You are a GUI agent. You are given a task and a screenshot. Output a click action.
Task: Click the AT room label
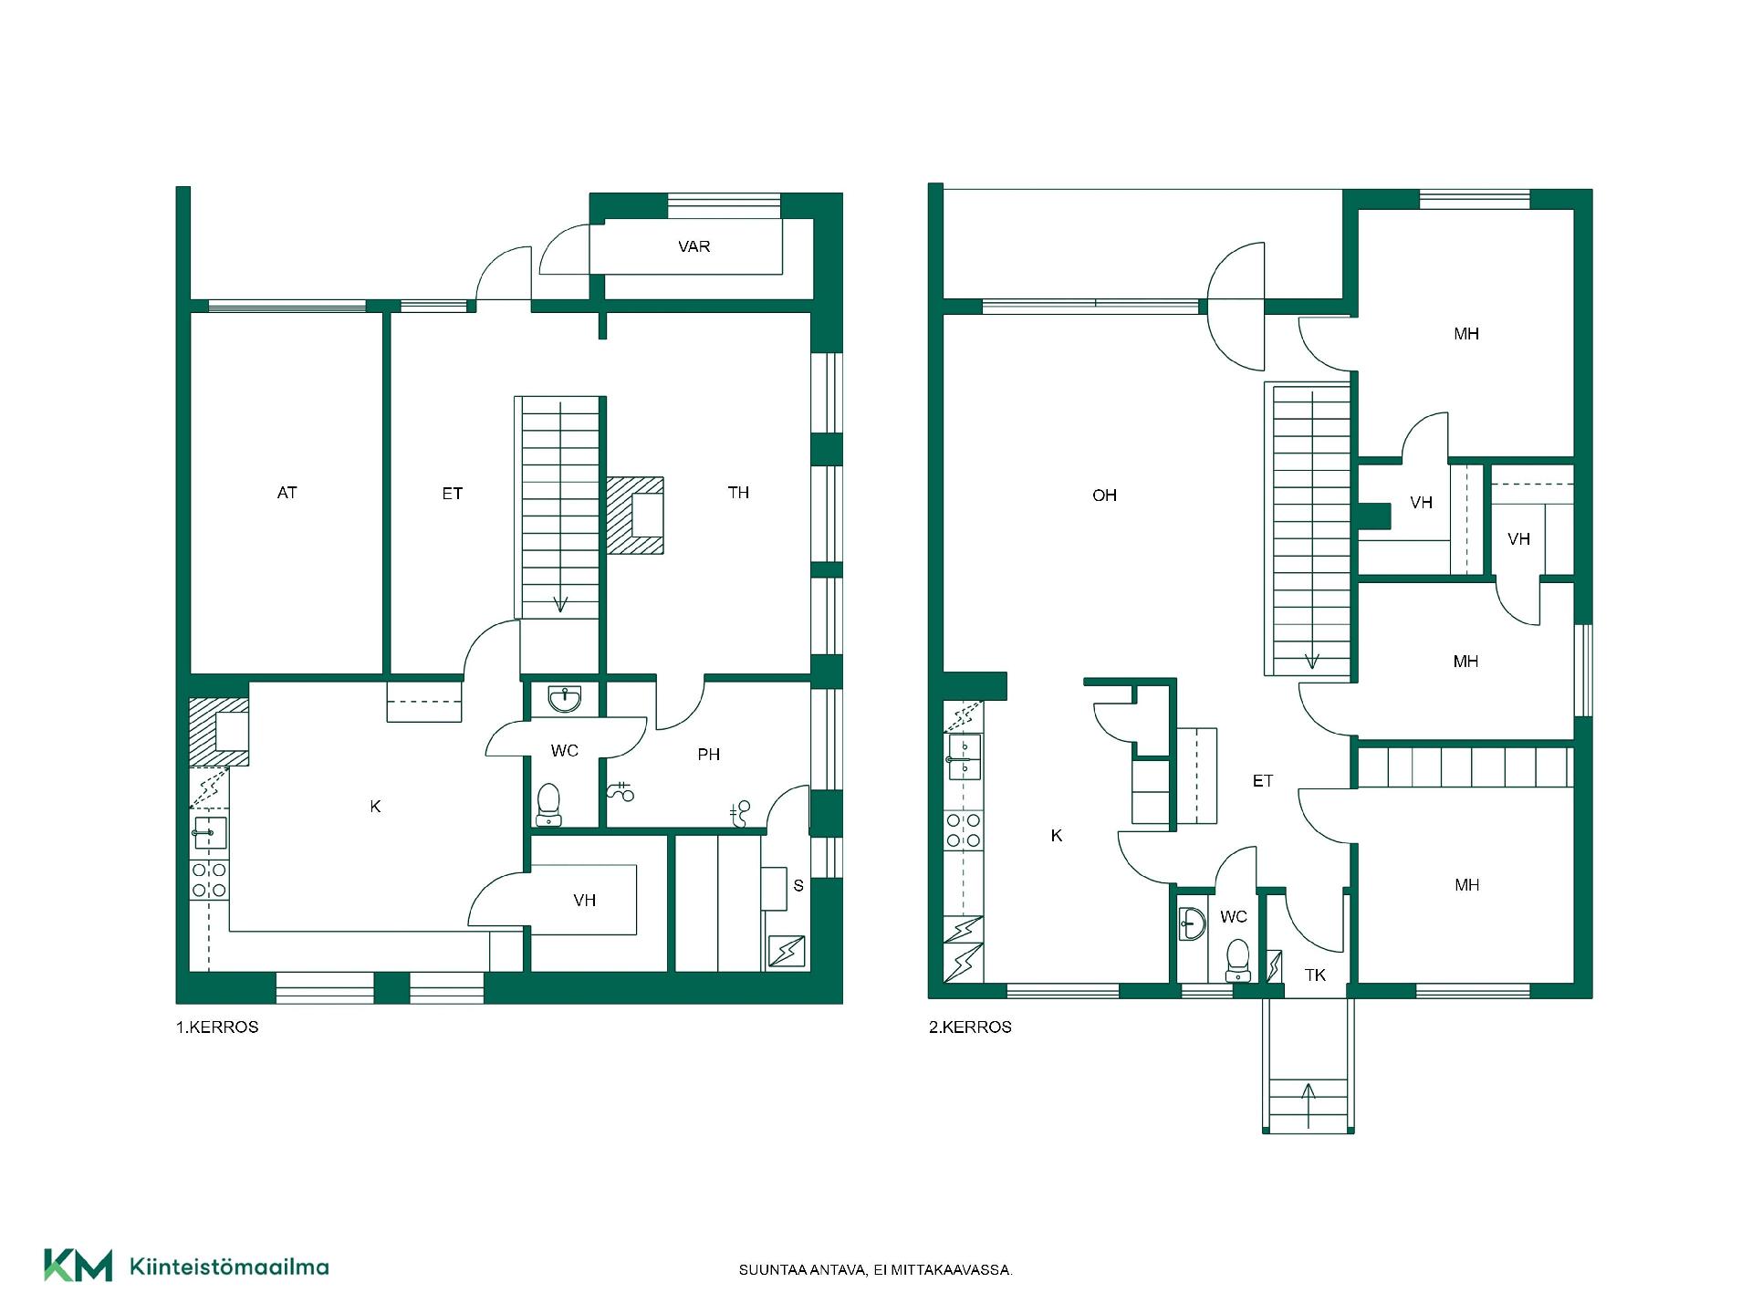point(287,493)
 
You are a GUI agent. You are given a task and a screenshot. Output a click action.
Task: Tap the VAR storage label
point(694,246)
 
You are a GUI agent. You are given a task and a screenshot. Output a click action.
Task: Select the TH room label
point(738,493)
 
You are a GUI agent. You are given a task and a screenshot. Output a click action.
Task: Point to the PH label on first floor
point(709,755)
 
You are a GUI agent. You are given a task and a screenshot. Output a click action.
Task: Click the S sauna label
point(798,885)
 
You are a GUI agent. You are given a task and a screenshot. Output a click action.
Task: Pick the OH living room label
point(1104,495)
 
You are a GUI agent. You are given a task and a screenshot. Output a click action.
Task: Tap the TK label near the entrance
point(1315,975)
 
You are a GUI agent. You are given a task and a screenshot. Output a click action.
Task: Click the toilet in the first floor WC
point(548,803)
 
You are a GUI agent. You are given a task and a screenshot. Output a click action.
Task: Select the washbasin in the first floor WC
point(565,699)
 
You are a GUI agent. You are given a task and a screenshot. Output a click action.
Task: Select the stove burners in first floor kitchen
point(209,880)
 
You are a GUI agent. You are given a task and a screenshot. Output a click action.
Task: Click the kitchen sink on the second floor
point(965,757)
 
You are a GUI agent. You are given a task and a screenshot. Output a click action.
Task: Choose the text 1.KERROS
point(217,1027)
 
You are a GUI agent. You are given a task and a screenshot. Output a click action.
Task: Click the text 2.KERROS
point(970,1027)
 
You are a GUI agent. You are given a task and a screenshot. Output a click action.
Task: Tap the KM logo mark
point(78,1266)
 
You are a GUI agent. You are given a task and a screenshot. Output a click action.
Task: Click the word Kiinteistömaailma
point(230,1267)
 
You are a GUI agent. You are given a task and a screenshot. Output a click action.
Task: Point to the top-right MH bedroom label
point(1466,334)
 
